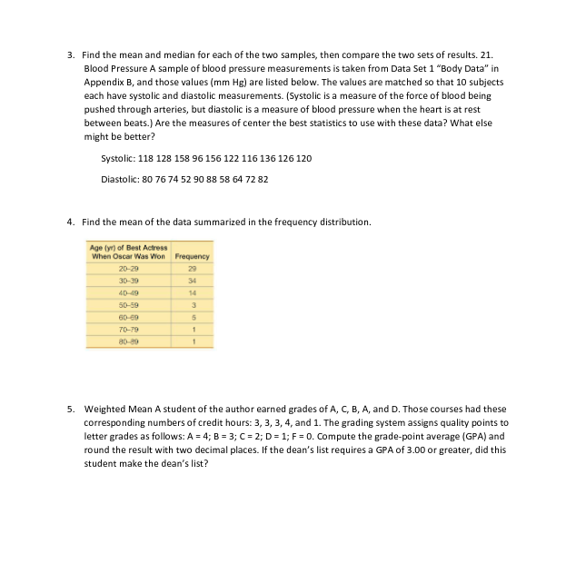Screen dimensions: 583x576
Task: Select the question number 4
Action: (x=71, y=222)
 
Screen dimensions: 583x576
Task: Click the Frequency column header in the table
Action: (x=192, y=256)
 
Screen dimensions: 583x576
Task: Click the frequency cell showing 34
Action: (x=192, y=282)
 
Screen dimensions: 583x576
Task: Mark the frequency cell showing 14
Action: (x=192, y=294)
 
